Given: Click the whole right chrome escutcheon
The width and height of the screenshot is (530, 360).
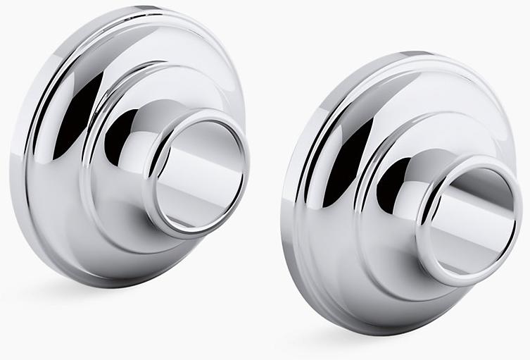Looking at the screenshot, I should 401,190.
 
